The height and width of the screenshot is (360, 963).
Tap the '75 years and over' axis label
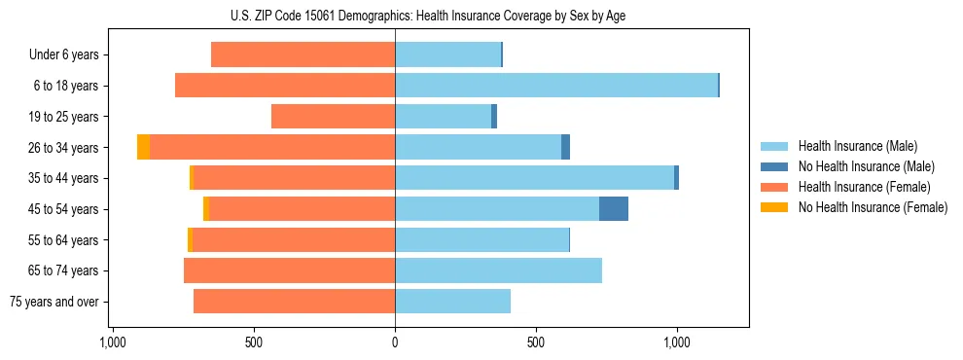pos(54,302)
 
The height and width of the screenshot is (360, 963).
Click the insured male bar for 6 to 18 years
pos(555,86)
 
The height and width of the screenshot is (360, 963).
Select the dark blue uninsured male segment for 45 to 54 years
pos(613,209)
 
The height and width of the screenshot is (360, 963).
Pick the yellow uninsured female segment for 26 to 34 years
pos(143,147)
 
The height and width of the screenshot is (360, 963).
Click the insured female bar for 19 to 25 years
pos(333,117)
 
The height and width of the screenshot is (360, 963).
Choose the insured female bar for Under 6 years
pos(303,55)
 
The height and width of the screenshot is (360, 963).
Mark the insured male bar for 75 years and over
pos(452,302)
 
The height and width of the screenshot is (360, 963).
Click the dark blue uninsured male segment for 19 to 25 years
pos(494,117)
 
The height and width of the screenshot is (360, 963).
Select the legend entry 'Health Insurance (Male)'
pos(857,146)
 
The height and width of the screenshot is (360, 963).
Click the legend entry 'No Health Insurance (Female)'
pos(873,207)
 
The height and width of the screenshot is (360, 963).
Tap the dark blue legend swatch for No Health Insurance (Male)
pos(774,166)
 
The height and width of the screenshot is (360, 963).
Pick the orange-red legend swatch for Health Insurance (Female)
pos(774,187)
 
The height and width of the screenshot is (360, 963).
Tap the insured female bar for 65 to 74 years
pos(289,270)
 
